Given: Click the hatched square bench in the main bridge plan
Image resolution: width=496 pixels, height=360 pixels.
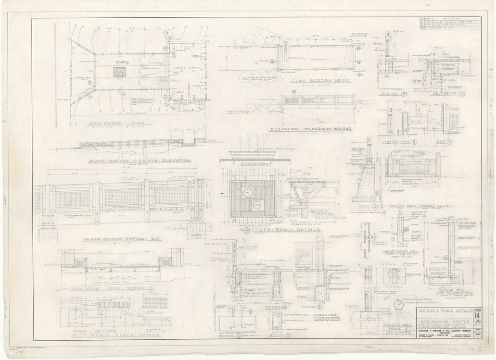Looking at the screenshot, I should [119, 72].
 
